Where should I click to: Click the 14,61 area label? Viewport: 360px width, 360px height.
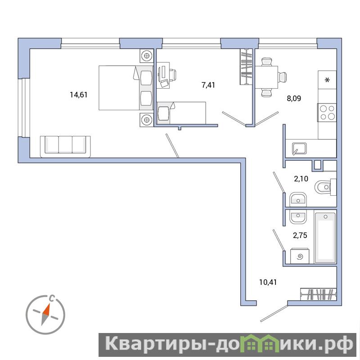[78, 94]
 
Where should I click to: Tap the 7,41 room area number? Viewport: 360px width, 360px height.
[208, 85]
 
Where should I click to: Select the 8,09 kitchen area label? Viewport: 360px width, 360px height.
[294, 99]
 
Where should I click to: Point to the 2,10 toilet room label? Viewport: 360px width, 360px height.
[301, 179]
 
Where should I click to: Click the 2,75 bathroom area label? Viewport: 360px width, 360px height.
[300, 235]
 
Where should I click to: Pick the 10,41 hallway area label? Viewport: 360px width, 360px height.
[268, 282]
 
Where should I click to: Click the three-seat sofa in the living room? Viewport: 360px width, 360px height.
[65, 147]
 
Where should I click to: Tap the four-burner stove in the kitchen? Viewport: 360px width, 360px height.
[327, 112]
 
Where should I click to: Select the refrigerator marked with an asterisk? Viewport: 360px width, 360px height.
[327, 80]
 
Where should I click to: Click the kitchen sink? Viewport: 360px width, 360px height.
[299, 148]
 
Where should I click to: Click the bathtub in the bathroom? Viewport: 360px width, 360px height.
[325, 238]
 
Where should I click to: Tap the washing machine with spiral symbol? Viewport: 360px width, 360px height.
[300, 256]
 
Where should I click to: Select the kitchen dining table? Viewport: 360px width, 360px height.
[266, 77]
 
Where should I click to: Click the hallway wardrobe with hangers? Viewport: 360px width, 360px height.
[318, 294]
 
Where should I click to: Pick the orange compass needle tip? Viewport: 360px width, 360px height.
[49, 304]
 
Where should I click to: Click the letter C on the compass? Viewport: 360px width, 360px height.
[53, 298]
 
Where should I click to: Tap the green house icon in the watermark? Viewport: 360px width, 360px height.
[260, 344]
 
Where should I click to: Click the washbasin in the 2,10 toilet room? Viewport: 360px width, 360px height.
[298, 199]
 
